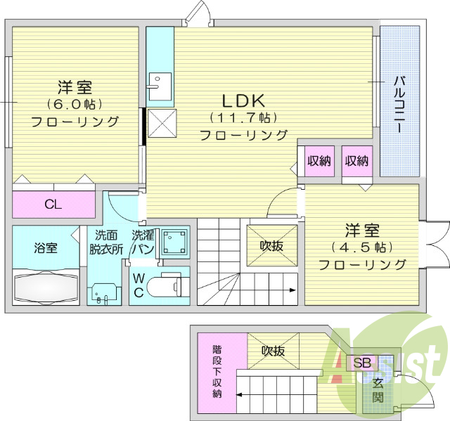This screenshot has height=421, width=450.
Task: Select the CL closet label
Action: pyautogui.click(x=53, y=205)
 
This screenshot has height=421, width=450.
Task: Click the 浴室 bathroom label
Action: pyautogui.click(x=46, y=247)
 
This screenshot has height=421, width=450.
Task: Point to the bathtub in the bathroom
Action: pyautogui.click(x=47, y=287)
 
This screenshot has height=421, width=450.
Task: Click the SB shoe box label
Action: pyautogui.click(x=361, y=363)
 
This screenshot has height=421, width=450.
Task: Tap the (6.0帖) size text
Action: pyautogui.click(x=75, y=104)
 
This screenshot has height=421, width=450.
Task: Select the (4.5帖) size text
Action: pyautogui.click(x=361, y=247)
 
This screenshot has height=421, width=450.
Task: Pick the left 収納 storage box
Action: pyautogui.click(x=319, y=161)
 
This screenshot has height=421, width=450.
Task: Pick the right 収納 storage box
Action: pyautogui.click(x=356, y=161)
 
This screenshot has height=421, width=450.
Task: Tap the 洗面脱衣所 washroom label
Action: pyautogui.click(x=106, y=242)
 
